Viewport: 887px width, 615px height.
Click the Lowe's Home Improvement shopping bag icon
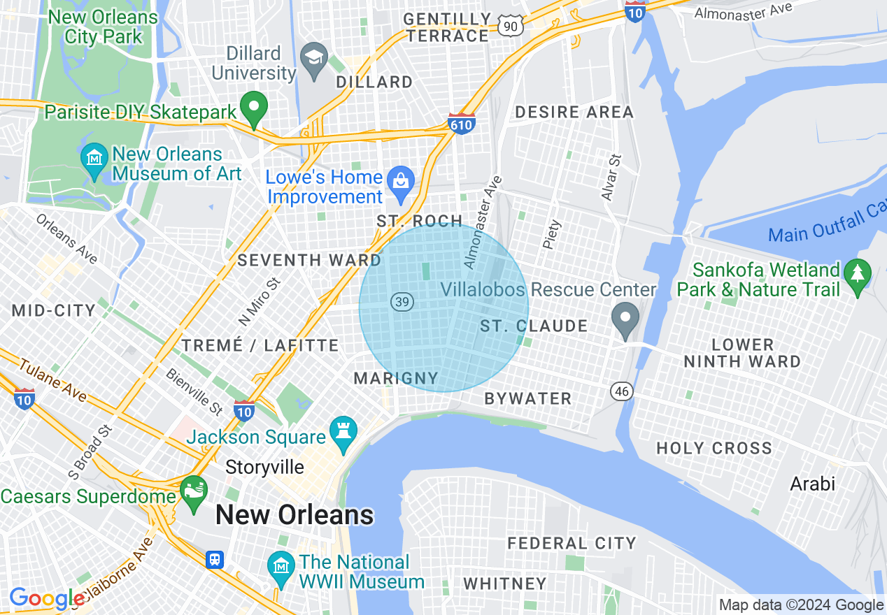402,181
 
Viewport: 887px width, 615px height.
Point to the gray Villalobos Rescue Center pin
625,318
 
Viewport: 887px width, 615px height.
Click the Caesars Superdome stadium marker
194,491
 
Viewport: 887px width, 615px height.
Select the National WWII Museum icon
281,567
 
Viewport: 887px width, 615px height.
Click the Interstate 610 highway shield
462,123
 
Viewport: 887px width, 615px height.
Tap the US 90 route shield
509,26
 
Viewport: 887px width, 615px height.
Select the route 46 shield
622,391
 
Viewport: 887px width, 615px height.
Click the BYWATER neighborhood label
528,398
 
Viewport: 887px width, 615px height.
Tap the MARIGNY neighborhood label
396,379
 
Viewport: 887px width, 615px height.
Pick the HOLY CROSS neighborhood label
714,448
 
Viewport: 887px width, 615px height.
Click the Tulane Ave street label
52,380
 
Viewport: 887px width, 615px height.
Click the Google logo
47,598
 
